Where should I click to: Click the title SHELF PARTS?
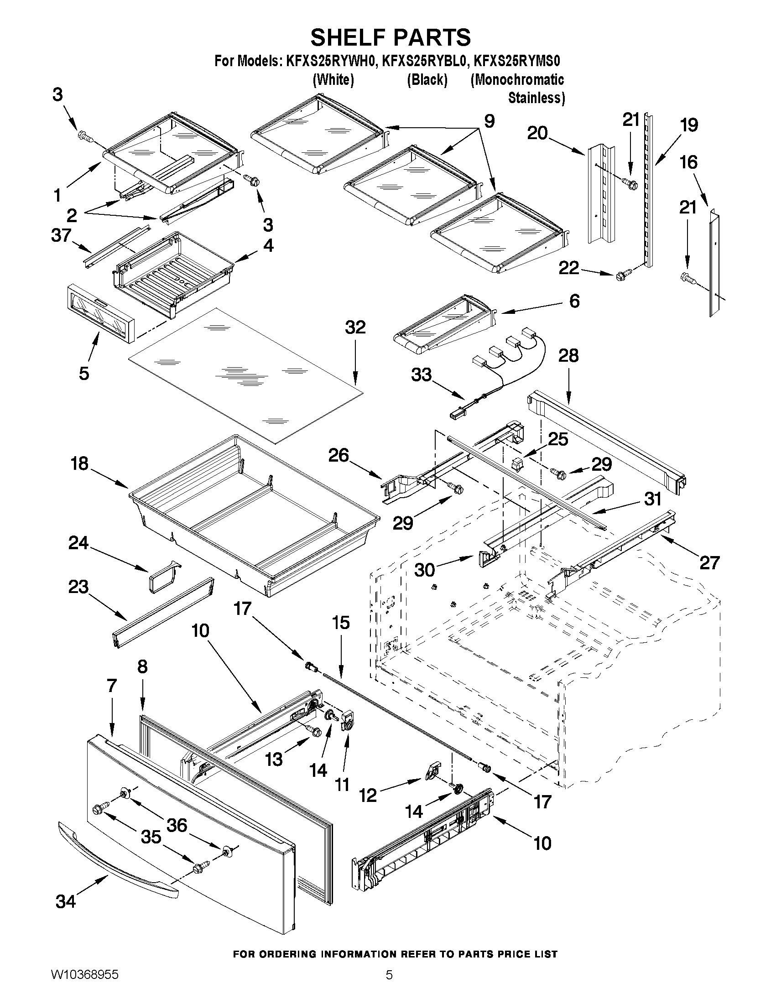(391, 37)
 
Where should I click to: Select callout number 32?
(355, 328)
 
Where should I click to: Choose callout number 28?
(568, 355)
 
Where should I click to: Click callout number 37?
(61, 235)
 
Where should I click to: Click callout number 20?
(537, 133)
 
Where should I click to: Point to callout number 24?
(78, 543)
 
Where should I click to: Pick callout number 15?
(340, 623)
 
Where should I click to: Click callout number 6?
(574, 301)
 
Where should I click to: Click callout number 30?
(424, 570)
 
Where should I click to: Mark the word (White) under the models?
(333, 80)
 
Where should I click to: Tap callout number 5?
(83, 374)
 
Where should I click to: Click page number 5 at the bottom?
(389, 988)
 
